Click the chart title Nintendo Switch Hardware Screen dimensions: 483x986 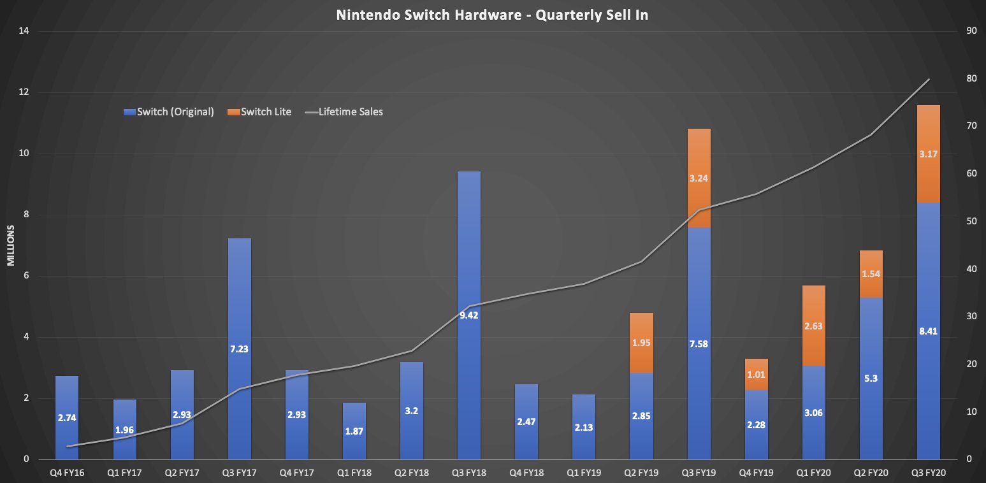pos(492,15)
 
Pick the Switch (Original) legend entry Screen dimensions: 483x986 pos(169,112)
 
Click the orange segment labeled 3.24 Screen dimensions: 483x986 pos(699,178)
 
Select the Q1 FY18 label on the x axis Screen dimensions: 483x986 pos(354,473)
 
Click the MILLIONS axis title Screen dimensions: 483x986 pos(11,245)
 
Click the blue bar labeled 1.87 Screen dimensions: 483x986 pos(354,431)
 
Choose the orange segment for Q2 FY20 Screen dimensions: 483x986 pos(871,274)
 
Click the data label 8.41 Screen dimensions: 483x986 pos(928,331)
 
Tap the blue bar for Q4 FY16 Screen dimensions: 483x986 pos(67,417)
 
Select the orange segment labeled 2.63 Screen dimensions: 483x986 pos(813,326)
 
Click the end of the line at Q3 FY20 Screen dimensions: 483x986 pos(929,79)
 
